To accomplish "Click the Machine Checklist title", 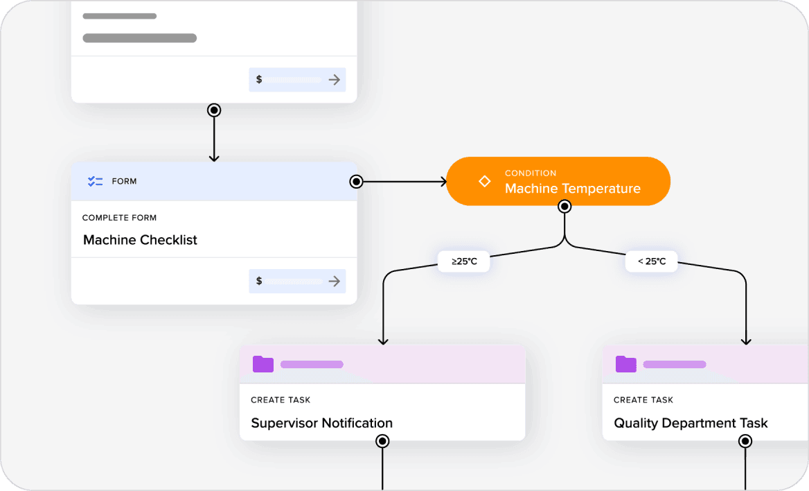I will (x=140, y=240).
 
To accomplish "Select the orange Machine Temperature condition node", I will (x=558, y=182).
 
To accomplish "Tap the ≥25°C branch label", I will (x=463, y=261).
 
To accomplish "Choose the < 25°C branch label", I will (x=651, y=261).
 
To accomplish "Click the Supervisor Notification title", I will (x=321, y=423).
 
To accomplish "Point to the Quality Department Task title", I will (x=691, y=423).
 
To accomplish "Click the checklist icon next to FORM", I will (x=95, y=182).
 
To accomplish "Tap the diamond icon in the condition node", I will (x=485, y=182).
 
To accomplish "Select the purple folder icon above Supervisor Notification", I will (x=263, y=364).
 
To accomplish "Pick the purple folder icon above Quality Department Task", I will (x=626, y=364).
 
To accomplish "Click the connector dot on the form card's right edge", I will (x=356, y=182).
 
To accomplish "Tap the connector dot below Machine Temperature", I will (x=564, y=206).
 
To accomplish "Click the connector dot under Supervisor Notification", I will (x=382, y=441).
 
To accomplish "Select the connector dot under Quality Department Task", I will (x=745, y=441).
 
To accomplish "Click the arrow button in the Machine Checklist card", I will (x=335, y=281).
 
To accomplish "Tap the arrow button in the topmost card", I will (x=335, y=80).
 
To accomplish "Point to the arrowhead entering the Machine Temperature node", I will (x=441, y=182).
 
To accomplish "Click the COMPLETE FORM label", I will (x=119, y=218).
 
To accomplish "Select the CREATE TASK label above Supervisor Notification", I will (x=281, y=400).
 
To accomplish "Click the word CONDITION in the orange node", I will (x=530, y=173).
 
